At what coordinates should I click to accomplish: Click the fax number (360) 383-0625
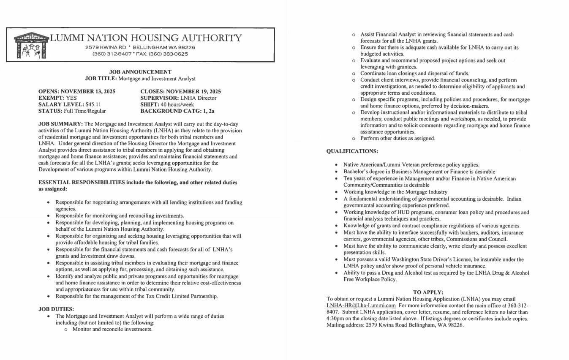coord(168,54)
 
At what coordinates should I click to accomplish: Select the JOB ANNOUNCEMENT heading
coord(140,72)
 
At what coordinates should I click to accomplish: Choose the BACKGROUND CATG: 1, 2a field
coord(177,111)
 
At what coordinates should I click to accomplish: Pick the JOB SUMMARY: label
coord(60,124)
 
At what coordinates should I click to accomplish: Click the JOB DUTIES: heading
coord(56,309)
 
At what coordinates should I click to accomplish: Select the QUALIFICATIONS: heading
coord(352,151)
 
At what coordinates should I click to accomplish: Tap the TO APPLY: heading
coord(428,292)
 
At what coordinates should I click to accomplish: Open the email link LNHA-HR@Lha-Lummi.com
coord(361,305)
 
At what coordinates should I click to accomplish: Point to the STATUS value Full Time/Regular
coord(84,111)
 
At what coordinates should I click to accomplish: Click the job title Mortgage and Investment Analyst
coord(157,79)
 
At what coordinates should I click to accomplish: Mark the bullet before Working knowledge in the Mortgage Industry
coord(336,192)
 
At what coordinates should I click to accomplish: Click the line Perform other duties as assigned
coord(397,138)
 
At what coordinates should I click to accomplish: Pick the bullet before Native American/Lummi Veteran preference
coord(336,165)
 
